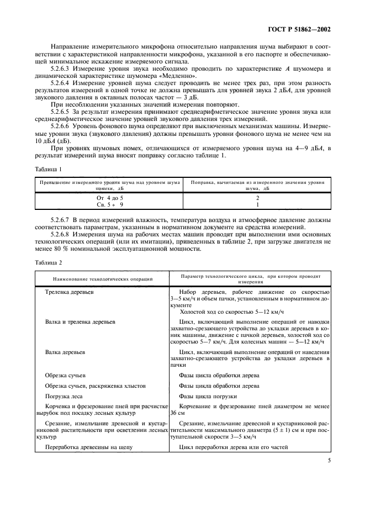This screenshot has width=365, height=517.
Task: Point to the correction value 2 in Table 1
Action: (257, 197)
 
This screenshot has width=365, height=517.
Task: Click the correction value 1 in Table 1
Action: (257, 204)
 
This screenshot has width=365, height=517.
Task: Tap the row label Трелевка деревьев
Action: (69, 292)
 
